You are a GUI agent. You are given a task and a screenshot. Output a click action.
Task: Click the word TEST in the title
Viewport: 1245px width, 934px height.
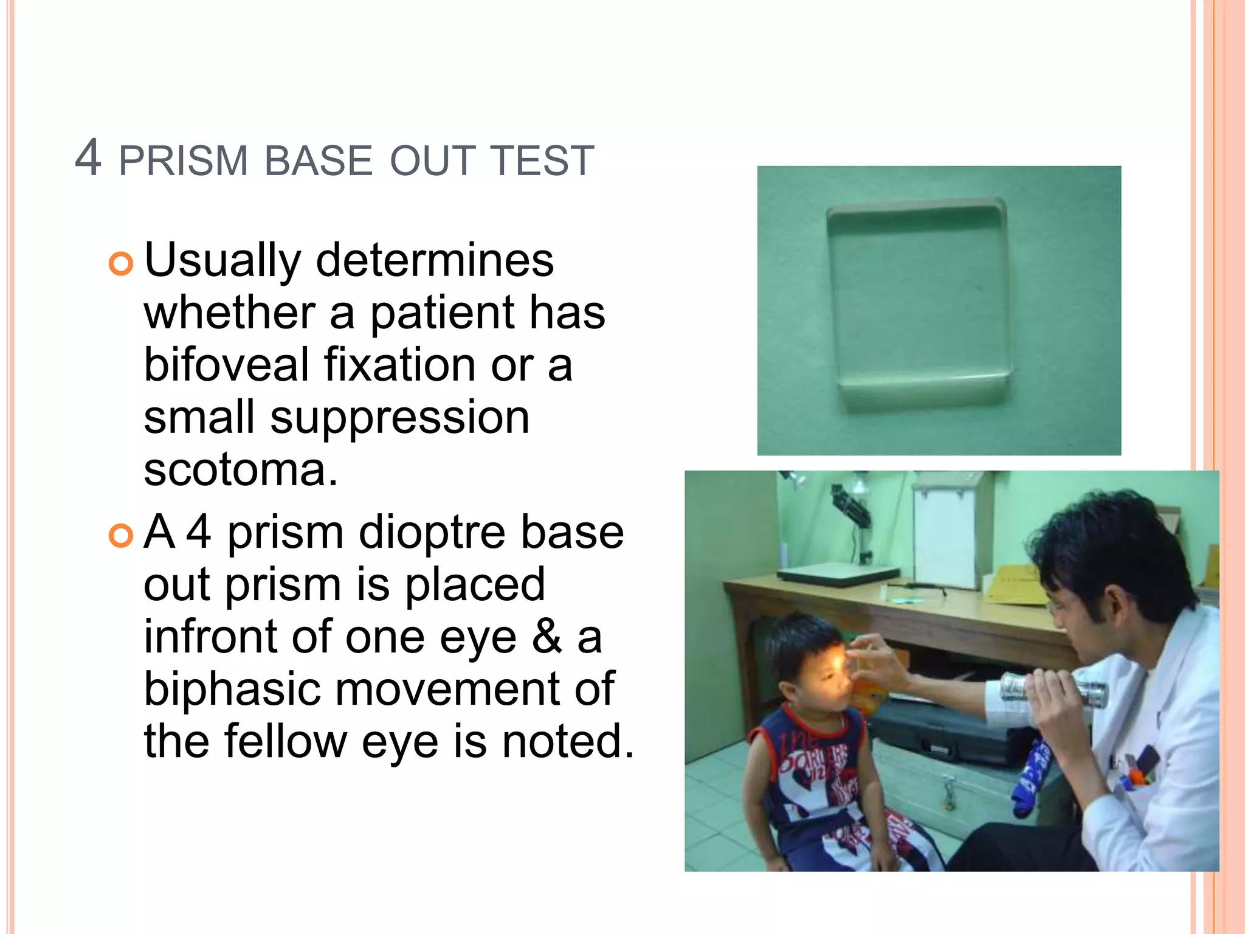coord(542,161)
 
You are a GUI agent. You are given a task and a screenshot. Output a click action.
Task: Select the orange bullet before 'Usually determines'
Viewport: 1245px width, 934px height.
coord(120,264)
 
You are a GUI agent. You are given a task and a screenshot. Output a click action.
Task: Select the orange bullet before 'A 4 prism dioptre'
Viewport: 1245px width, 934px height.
coord(120,536)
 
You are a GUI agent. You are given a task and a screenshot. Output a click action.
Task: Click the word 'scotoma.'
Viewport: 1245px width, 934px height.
coord(241,469)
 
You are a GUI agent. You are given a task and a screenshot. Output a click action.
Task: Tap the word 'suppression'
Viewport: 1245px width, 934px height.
coord(399,418)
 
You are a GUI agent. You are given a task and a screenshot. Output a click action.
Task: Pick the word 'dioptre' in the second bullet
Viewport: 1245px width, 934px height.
coord(432,532)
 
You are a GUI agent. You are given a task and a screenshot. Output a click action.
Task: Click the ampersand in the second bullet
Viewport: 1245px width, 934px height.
coord(547,637)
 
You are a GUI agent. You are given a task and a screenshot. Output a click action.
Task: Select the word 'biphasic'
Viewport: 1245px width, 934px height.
coord(232,690)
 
